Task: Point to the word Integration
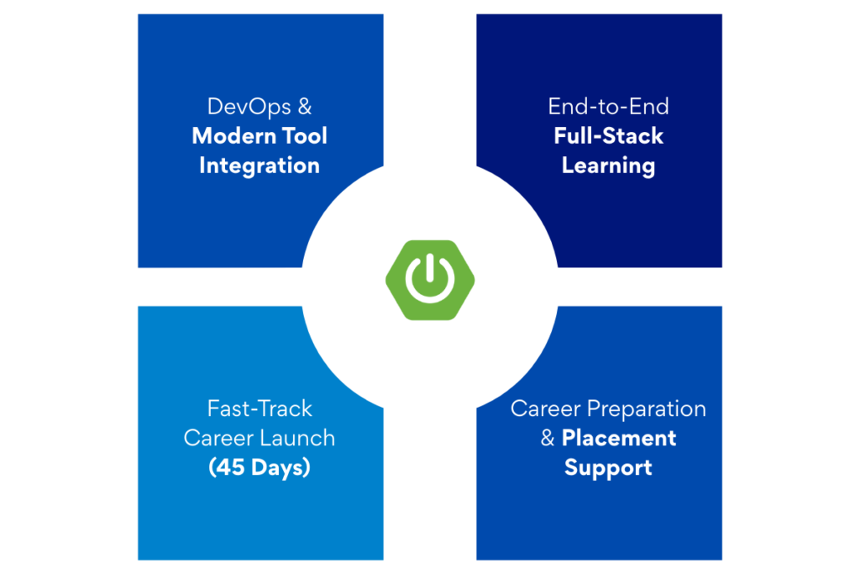pos(260,166)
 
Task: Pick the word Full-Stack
pos(608,136)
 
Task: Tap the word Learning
pos(608,166)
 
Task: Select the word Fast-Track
pos(260,409)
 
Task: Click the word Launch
pos(300,438)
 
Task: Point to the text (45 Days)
pos(260,467)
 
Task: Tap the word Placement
pos(619,438)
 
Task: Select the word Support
pos(608,467)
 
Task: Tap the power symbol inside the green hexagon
pos(430,279)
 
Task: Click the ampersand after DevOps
pos(304,108)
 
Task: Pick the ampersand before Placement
pos(548,439)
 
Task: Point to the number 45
pos(231,467)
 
